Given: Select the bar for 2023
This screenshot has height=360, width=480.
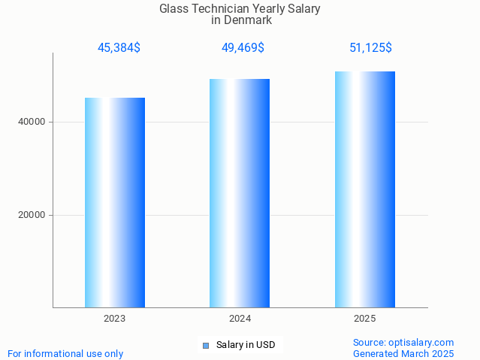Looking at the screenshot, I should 114,202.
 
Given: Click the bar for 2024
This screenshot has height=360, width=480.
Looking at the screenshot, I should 240,193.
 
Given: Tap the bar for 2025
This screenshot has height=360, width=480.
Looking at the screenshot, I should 365,189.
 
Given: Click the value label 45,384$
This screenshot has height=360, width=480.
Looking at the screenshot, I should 119,48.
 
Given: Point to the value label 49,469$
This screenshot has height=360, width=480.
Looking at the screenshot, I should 243,48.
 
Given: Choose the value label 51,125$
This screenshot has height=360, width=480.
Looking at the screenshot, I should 370,48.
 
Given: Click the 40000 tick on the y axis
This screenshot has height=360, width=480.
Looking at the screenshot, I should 32,122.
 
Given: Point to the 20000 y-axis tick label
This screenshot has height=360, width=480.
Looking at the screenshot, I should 32,215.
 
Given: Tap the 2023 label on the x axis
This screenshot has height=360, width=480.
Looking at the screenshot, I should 114,319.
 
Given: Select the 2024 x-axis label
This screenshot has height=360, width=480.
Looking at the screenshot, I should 240,319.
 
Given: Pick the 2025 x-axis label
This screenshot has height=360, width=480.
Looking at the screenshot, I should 365,319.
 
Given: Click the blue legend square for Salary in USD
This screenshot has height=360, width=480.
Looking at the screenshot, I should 205,346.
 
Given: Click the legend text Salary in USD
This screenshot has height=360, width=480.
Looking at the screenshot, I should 246,346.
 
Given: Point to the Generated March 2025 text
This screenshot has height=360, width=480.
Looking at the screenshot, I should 403,353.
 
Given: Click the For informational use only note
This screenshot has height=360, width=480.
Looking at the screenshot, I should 65,353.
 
